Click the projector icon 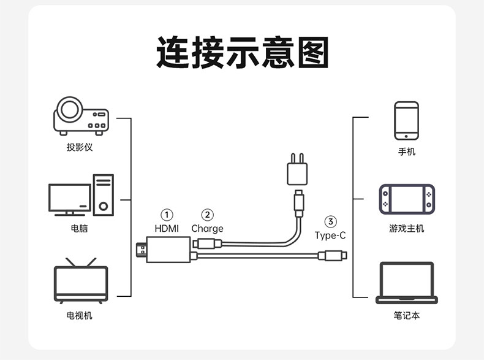click(81, 116)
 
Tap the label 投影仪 click(80, 147)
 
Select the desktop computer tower click(104, 195)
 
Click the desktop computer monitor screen click(70, 197)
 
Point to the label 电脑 click(79, 228)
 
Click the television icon click(81, 281)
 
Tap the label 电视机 click(79, 315)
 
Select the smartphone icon click(407, 121)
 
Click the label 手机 click(407, 151)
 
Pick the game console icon click(407, 199)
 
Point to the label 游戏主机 click(407, 228)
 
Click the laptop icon click(407, 283)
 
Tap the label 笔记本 click(407, 315)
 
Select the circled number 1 click(167, 215)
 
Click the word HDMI click(167, 228)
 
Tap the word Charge click(207, 229)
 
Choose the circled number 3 click(330, 221)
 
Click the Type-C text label click(330, 236)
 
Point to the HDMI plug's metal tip click(141, 250)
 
